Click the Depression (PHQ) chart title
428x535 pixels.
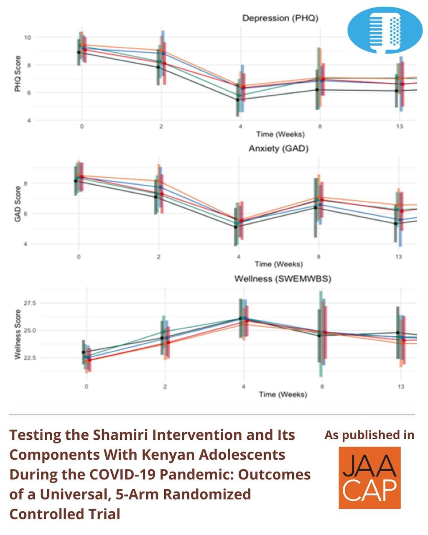(x=280, y=18)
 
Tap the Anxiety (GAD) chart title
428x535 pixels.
(x=278, y=148)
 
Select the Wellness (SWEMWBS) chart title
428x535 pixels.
(x=283, y=279)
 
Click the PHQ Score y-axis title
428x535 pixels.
(x=18, y=74)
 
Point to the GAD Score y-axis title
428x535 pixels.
(x=18, y=204)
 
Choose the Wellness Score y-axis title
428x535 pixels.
(x=18, y=334)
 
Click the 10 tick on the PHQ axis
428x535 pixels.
(x=27, y=38)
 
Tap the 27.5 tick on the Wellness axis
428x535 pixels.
(x=30, y=303)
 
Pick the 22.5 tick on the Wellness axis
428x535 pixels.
(x=30, y=358)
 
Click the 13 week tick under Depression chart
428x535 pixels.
(x=400, y=126)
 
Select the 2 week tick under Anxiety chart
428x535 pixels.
(x=158, y=256)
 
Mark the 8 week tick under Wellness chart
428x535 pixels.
(x=322, y=386)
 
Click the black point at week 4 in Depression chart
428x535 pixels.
(x=237, y=100)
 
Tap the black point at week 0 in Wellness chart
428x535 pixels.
(x=84, y=352)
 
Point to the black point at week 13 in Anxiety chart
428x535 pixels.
(x=395, y=224)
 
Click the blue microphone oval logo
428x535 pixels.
(x=385, y=30)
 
